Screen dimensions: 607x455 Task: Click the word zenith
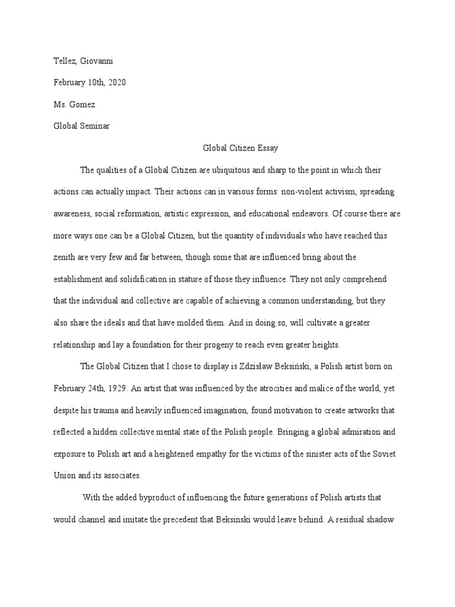coord(67,257)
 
